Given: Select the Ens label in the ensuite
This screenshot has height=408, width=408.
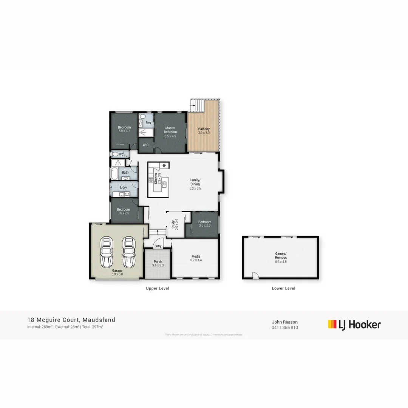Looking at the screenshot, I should (x=148, y=123).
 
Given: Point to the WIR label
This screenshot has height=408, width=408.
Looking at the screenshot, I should (x=145, y=145).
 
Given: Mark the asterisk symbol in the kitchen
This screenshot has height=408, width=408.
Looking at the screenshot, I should (x=164, y=166).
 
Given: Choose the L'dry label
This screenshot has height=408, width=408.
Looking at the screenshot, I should (x=123, y=187).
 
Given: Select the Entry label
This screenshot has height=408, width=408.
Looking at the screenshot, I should (x=158, y=246).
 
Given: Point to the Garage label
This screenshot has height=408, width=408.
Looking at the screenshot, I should (x=117, y=270).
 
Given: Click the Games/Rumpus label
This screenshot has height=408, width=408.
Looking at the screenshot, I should (x=281, y=255).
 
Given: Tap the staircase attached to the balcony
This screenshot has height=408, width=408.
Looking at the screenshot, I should (x=196, y=105).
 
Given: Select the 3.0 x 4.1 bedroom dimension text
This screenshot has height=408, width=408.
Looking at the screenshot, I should (x=124, y=131).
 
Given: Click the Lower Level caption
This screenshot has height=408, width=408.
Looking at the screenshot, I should (x=283, y=288).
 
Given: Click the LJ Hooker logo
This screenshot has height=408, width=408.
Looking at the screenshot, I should (x=354, y=325).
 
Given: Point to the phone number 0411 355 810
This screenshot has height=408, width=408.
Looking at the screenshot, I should (x=284, y=328).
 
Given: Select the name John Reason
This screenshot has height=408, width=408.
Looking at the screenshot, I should (x=284, y=322).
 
